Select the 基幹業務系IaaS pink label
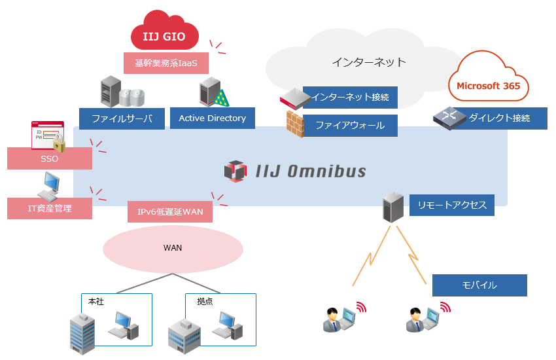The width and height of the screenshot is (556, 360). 166,63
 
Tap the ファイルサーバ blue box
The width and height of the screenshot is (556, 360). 122,119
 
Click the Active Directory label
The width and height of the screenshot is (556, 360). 212,118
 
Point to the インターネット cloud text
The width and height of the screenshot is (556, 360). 368,62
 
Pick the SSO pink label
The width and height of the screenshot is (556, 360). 50,158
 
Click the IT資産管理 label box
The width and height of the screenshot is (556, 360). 50,209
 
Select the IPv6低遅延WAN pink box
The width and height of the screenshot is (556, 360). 170,212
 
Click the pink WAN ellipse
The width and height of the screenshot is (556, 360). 173,248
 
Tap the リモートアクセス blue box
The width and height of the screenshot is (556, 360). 452,205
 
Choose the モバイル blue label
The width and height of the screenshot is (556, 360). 479,285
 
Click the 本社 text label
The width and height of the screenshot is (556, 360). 96,302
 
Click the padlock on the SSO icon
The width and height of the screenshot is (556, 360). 60,145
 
